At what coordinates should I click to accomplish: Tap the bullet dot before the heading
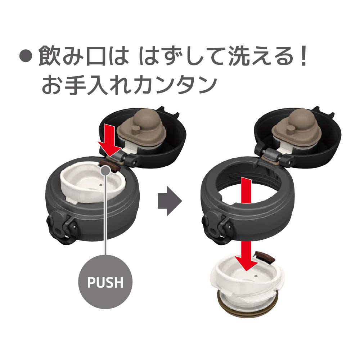25,56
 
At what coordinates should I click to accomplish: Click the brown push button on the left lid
109,166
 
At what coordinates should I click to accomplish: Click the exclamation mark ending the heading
304,56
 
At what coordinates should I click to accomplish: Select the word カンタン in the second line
175,85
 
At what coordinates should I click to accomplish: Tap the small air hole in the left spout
101,185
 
